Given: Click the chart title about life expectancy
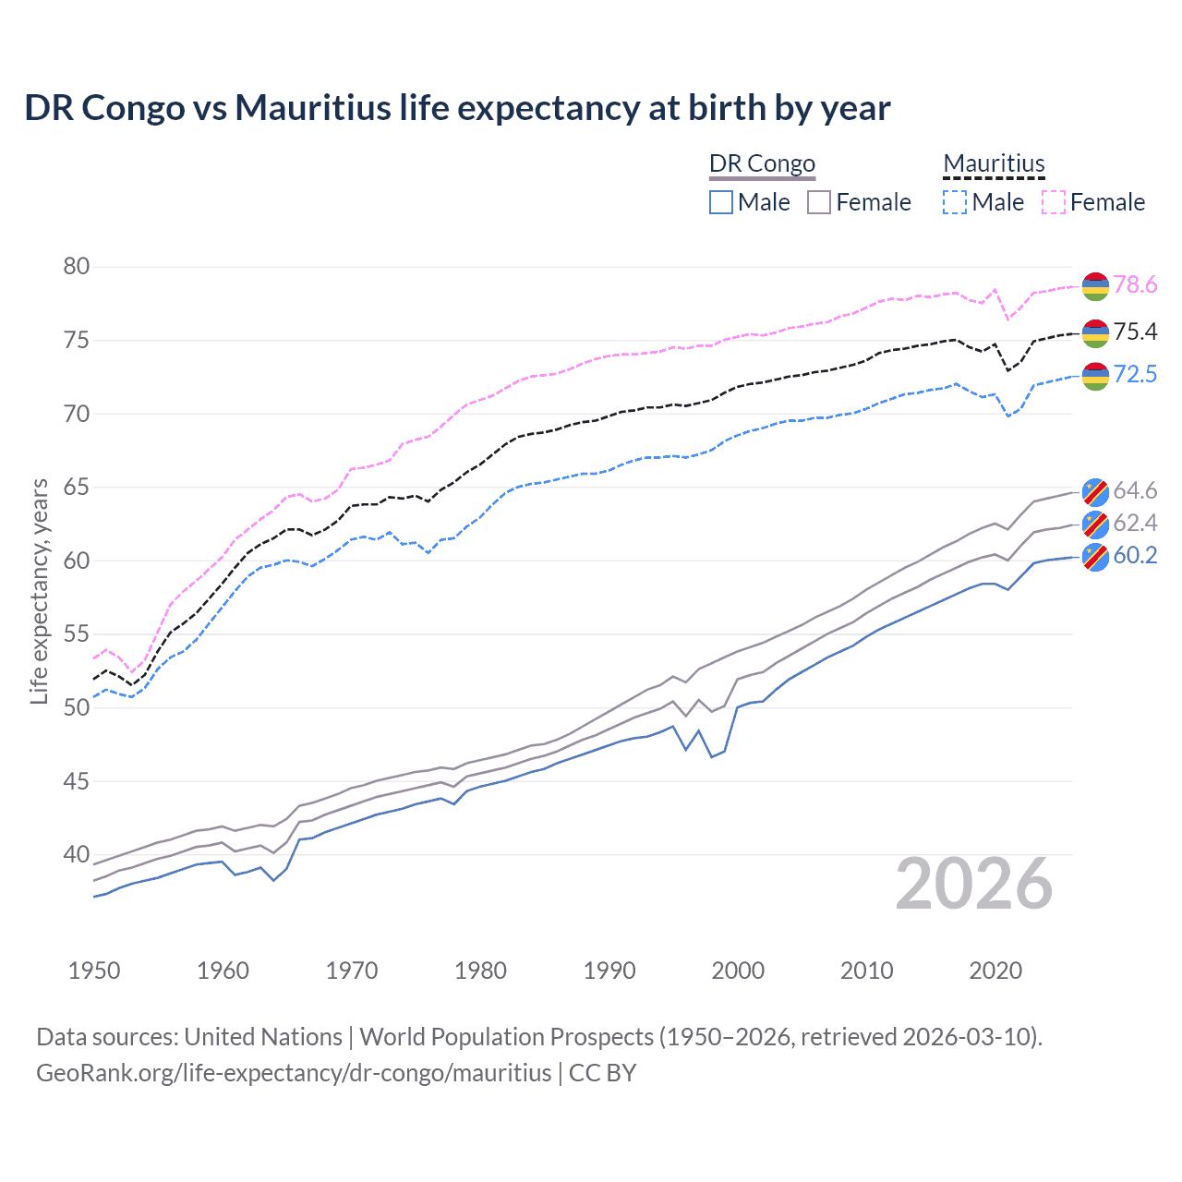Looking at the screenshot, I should click(x=457, y=108).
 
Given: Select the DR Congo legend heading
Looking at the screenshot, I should click(x=762, y=163).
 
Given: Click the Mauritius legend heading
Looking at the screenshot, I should click(x=994, y=163).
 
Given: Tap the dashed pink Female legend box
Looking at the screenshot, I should click(x=1054, y=202).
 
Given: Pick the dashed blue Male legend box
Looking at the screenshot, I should click(x=955, y=202).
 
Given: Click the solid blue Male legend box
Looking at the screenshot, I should click(x=721, y=202).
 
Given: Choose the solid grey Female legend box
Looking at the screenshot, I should click(x=819, y=202).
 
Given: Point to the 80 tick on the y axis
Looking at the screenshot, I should click(x=77, y=267).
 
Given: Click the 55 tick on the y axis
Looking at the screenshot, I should click(x=77, y=634).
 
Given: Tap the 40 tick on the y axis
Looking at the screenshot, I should click(x=77, y=855).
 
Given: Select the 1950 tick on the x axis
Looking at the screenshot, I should click(x=94, y=971).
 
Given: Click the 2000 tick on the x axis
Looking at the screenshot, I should click(x=738, y=971).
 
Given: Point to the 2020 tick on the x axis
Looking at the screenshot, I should click(x=995, y=971).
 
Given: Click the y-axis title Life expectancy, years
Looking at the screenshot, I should click(x=40, y=591).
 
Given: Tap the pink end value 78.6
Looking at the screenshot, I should click(x=1135, y=285).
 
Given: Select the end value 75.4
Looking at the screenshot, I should click(x=1135, y=332).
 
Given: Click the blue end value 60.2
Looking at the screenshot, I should click(x=1135, y=555).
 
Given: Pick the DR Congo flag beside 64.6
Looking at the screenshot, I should click(x=1095, y=492).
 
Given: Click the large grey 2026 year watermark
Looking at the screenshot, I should click(x=974, y=884).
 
